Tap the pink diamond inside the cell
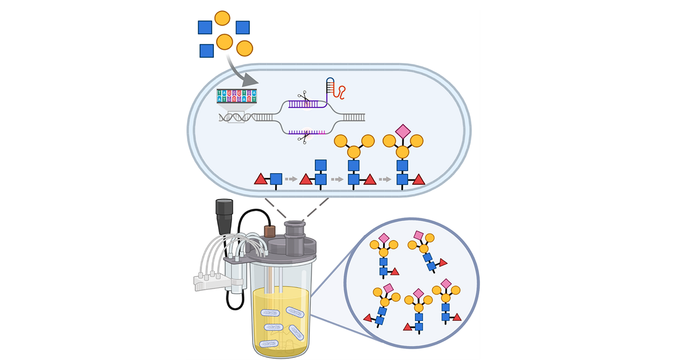403,131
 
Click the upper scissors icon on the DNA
302,98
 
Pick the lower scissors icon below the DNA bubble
303,137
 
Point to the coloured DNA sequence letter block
236,95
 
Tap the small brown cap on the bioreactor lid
269,231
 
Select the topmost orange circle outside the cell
222,18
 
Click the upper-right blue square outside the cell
242,27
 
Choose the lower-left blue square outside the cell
206,51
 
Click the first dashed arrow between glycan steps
292,179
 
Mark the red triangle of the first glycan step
261,179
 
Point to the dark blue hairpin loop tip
330,81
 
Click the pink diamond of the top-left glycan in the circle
384,238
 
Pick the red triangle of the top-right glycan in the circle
443,262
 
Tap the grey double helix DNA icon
236,117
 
